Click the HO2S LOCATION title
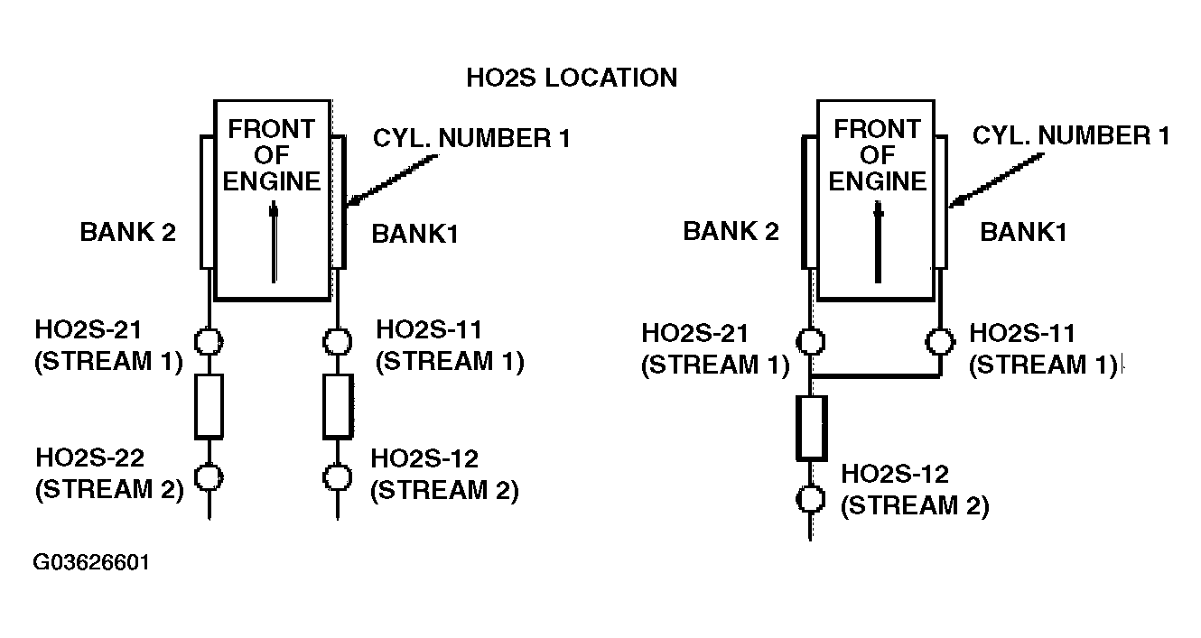572,78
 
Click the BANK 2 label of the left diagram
127,232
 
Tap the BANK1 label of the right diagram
1023,233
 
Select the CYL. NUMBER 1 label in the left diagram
471,138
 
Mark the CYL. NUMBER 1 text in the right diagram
1071,135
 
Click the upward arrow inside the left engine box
274,242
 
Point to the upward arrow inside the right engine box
878,242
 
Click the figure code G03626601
91,562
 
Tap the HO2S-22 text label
90,458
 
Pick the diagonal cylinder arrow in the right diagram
996,180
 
